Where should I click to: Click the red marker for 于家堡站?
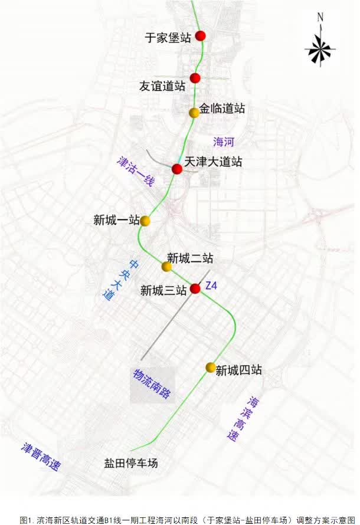tap(201, 36)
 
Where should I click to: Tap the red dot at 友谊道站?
tap(195, 78)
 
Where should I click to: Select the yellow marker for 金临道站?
tap(194, 113)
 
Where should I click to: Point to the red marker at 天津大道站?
tap(176, 169)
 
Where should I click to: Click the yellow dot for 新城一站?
tap(145, 221)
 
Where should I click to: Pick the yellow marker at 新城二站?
tap(167, 267)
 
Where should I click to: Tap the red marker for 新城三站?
tap(195, 288)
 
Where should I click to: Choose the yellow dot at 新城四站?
tap(210, 367)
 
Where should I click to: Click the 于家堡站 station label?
tap(168, 38)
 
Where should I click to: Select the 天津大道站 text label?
tap(213, 162)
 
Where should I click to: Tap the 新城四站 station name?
tap(238, 370)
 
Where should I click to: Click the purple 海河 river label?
tap(224, 142)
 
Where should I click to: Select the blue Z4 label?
tap(211, 286)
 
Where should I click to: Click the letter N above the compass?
tap(320, 18)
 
